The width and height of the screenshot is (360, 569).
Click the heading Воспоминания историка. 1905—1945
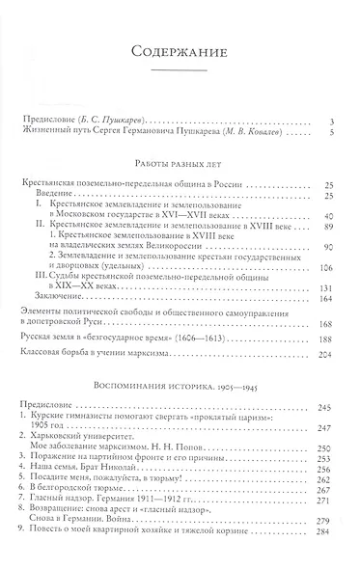tap(180, 384)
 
